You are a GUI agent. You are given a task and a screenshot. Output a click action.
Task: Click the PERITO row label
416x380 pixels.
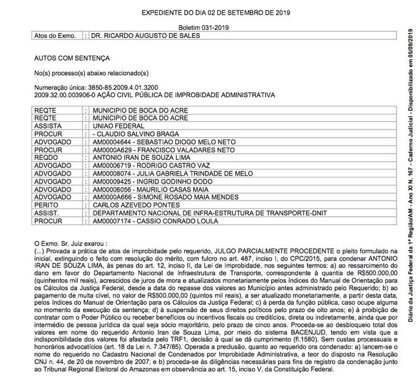(x=46, y=205)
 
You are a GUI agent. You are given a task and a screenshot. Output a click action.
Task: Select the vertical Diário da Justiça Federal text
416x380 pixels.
(x=404, y=190)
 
